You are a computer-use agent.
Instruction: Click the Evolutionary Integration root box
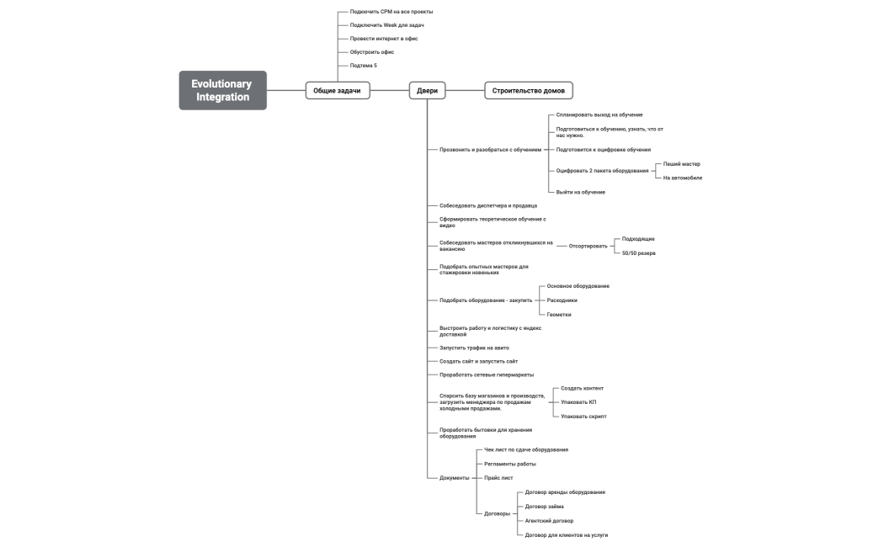[223, 90]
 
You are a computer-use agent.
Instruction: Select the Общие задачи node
[338, 91]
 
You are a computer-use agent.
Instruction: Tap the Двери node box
[428, 91]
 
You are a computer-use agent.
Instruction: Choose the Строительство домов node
[528, 91]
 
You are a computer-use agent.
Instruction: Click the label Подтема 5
[363, 66]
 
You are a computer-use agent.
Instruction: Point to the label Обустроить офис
[371, 52]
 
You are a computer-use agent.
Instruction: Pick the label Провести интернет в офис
[383, 39]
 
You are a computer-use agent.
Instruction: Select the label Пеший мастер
[682, 164]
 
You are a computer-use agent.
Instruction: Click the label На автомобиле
[683, 178]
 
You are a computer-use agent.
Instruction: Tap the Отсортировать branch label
[588, 247]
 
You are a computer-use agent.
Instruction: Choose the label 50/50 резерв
[639, 253]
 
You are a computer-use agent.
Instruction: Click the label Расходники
[562, 300]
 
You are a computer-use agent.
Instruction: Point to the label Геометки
[559, 315]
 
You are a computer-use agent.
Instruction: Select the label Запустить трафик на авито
[474, 348]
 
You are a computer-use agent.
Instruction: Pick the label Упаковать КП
[578, 402]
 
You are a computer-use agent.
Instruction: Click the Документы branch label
[455, 478]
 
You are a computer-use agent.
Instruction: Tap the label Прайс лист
[498, 478]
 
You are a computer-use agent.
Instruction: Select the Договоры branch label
[498, 514]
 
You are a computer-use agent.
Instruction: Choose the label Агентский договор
[549, 521]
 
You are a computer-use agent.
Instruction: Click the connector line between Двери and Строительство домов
[465, 91]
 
